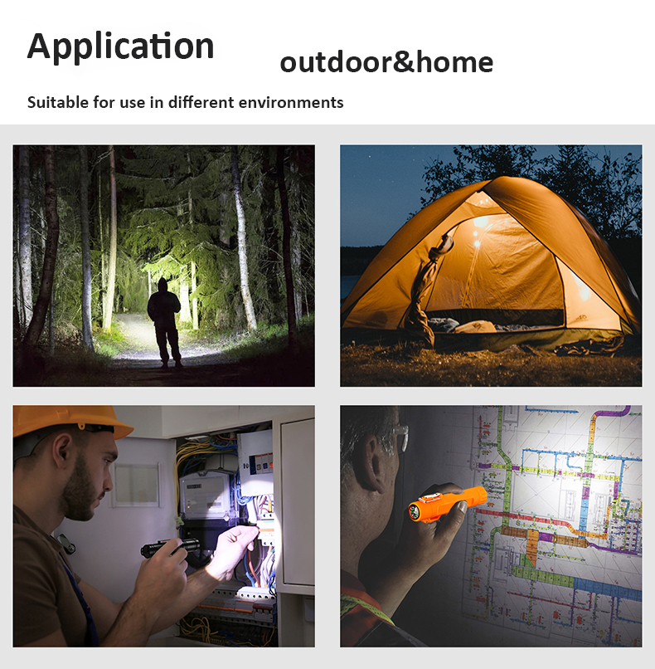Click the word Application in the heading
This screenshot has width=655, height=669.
pyautogui.click(x=120, y=46)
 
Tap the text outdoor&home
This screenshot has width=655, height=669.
pyautogui.click(x=386, y=62)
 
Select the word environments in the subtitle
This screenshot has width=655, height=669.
pyautogui.click(x=291, y=102)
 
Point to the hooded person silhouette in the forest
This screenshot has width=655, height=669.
pyautogui.click(x=164, y=323)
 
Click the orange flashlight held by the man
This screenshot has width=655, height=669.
pyautogui.click(x=447, y=505)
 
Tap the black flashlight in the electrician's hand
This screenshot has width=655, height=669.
pyautogui.click(x=171, y=547)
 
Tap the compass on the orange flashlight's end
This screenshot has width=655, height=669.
pyautogui.click(x=415, y=511)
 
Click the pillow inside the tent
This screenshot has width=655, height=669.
pyautogui.click(x=474, y=327)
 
